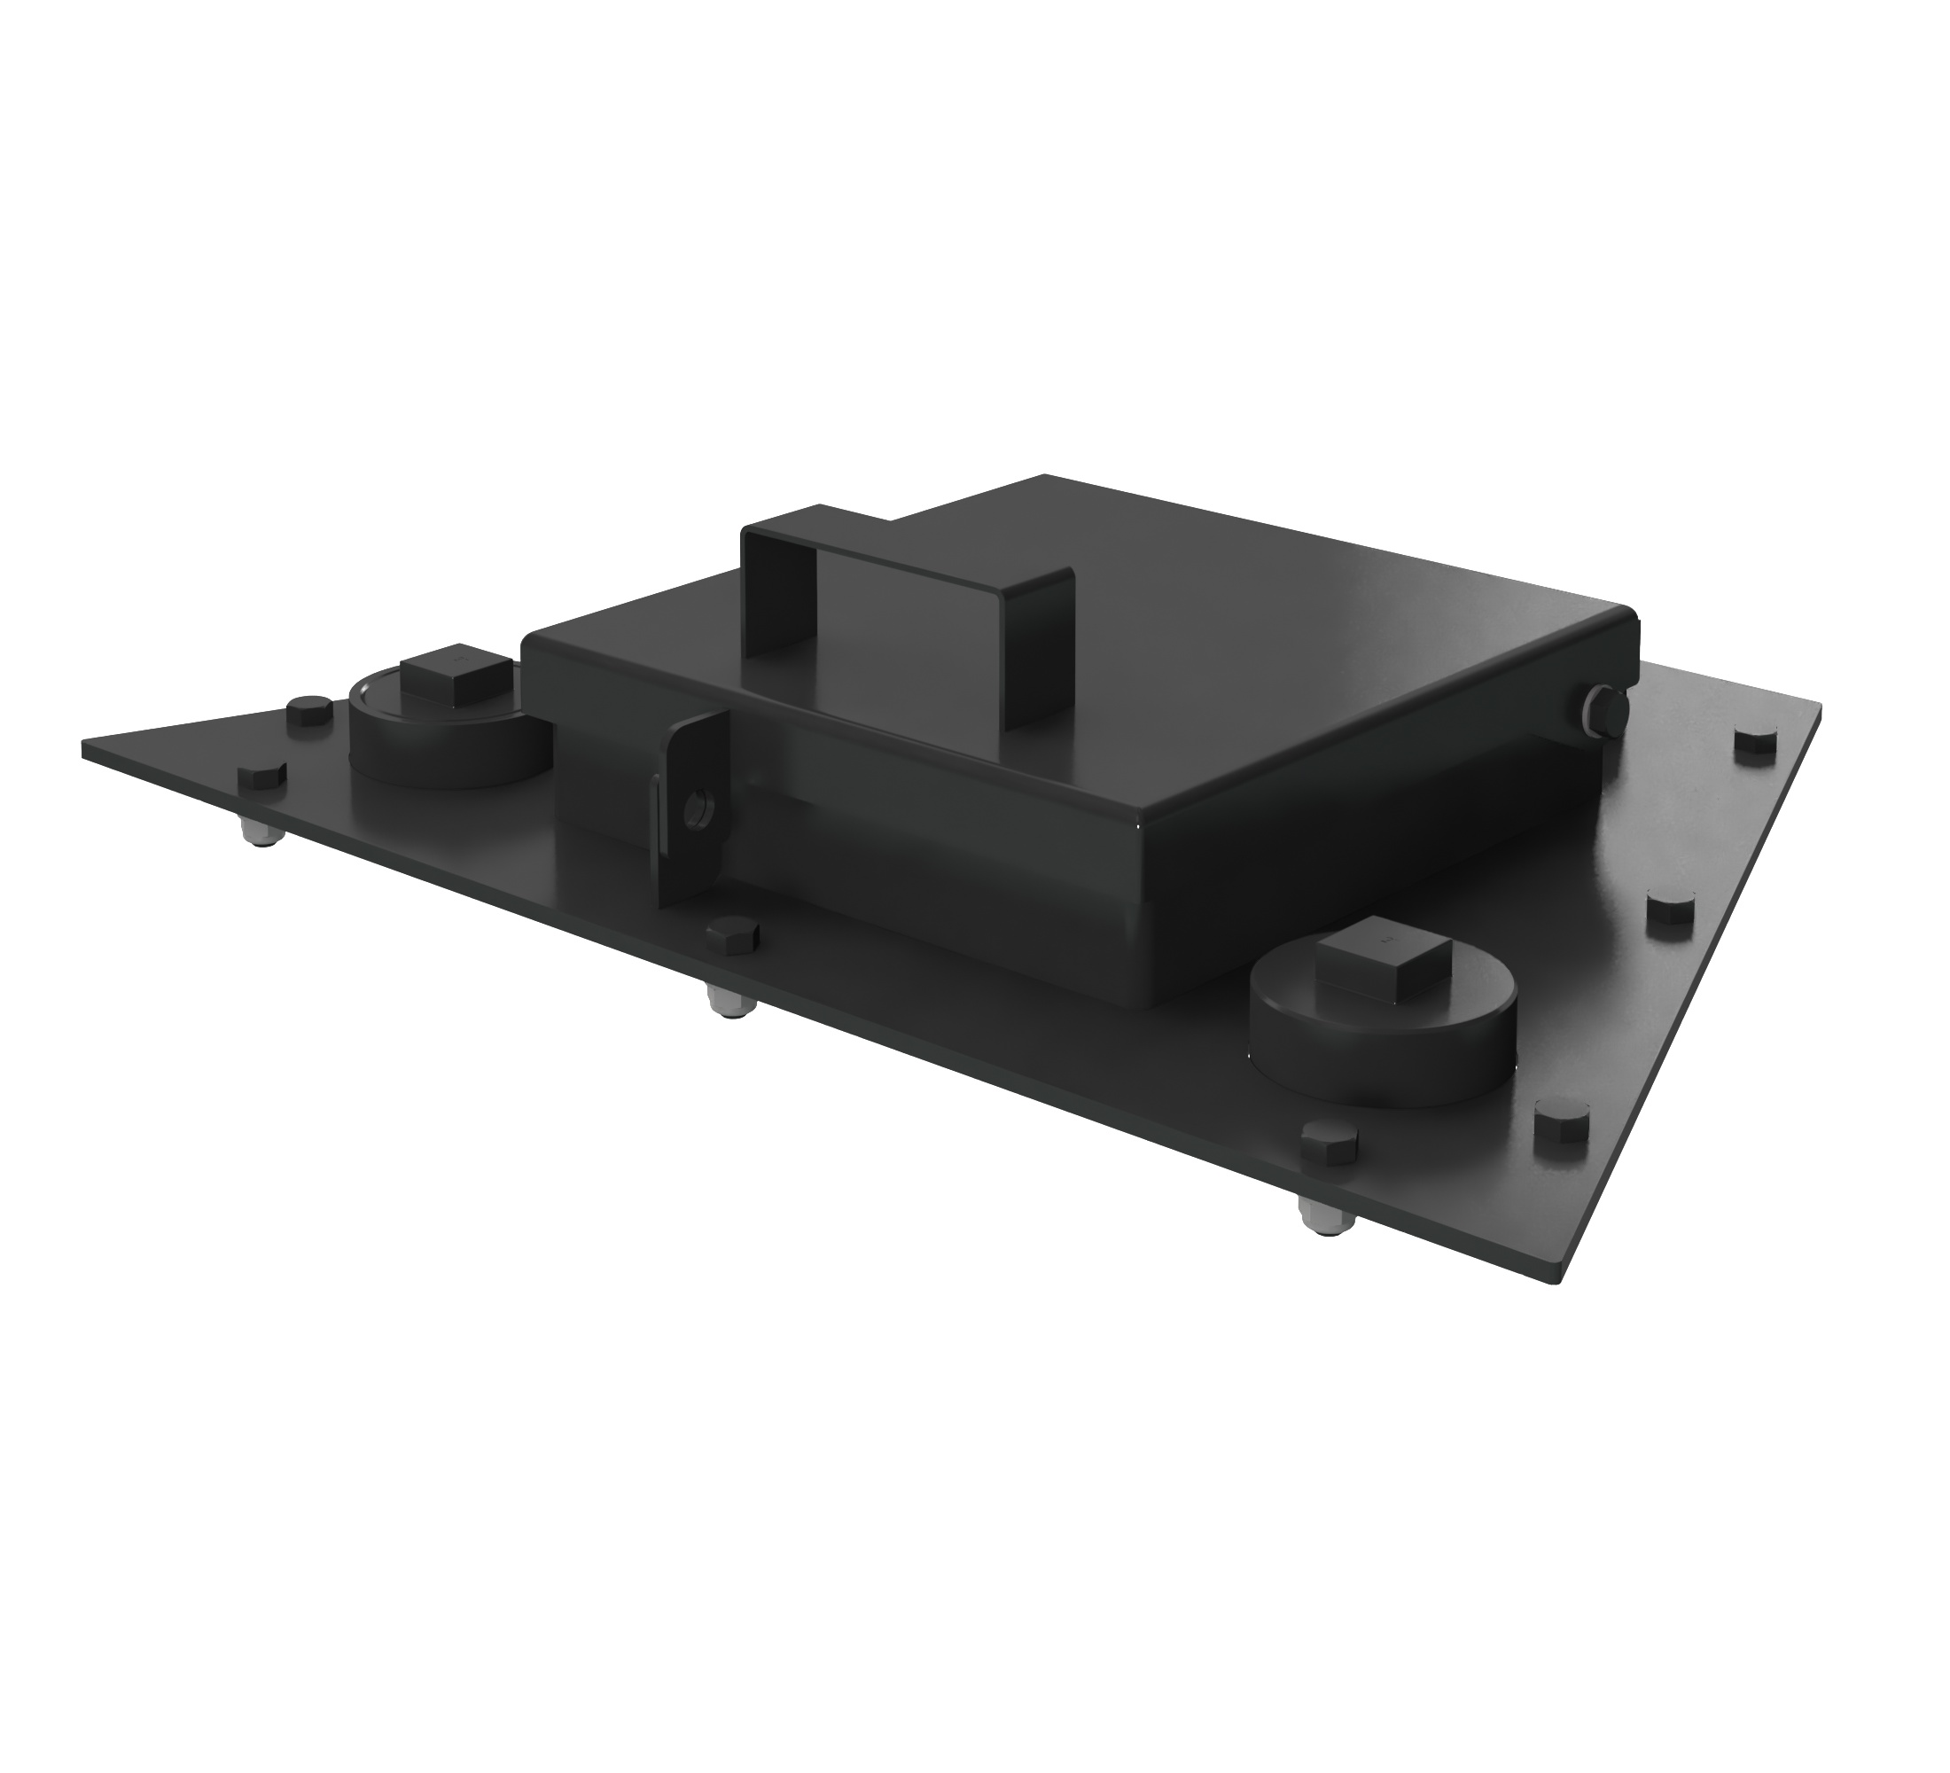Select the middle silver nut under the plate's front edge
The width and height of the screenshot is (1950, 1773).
(729, 1003)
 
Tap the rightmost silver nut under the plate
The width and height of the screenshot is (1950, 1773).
(1324, 1219)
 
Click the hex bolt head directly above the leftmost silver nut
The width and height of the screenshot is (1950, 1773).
(261, 779)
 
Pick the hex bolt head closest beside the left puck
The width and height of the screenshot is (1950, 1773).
(310, 712)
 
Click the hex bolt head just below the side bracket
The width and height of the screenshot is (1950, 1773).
(732, 935)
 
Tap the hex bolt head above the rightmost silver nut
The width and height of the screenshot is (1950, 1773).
(1330, 1143)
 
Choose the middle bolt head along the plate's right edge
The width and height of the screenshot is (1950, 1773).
(1671, 911)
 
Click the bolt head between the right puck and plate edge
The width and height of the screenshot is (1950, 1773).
(1561, 1125)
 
